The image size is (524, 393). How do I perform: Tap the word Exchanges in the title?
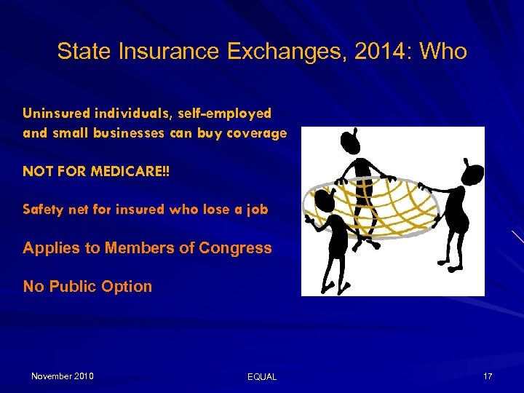pyautogui.click(x=293, y=52)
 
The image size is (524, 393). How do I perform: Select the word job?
pyautogui.click(x=257, y=210)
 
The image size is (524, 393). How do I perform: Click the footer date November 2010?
pyautogui.click(x=62, y=376)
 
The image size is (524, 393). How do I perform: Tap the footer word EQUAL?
pyautogui.click(x=262, y=377)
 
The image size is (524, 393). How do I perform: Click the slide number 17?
pyautogui.click(x=488, y=376)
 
